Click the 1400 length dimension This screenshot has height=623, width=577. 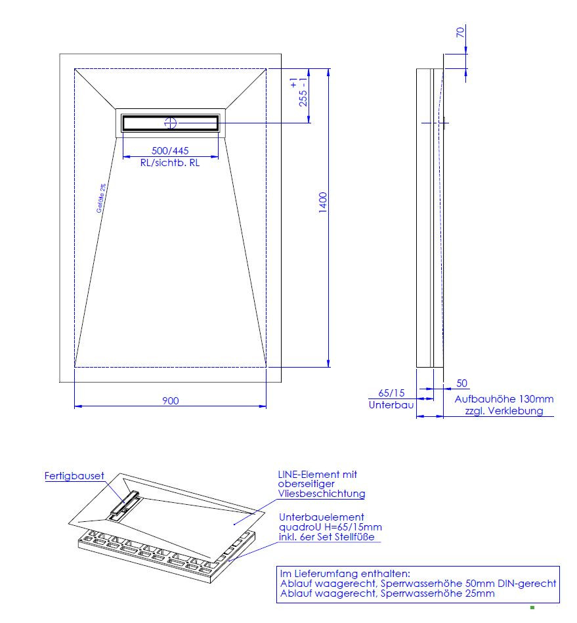pos(323,202)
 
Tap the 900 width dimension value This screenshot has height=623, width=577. pos(171,400)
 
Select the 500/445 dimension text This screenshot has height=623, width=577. pos(170,150)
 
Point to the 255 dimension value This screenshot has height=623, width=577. pos(303,98)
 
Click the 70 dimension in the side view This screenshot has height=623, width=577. pos(460,32)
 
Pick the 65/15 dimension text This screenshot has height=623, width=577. pos(391,393)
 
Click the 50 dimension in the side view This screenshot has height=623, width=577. pos(461,383)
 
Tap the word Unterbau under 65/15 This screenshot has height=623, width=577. pos(391,405)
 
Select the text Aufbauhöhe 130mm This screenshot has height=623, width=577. pos(504,399)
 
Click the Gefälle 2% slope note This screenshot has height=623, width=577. pos(101,198)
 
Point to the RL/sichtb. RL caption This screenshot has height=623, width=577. pos(170,163)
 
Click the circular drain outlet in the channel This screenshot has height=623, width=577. pos(171,123)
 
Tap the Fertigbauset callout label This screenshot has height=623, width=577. pos(74,475)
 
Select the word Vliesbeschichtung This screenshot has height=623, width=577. pos(322,494)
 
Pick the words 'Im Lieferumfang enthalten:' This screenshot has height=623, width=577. pos(345,574)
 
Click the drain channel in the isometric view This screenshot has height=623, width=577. pos(125,505)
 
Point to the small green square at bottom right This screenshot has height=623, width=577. pos(532,607)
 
